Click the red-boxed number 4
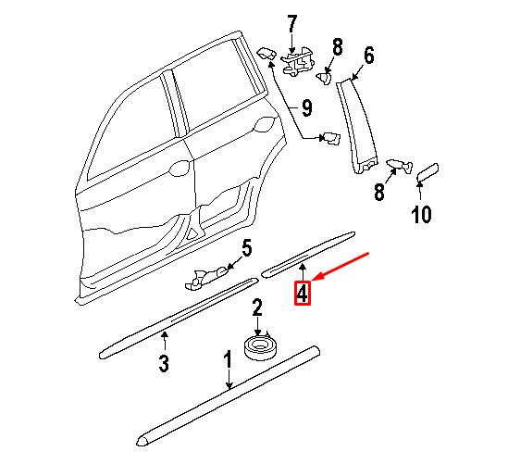pyautogui.click(x=304, y=294)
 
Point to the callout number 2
pyautogui.click(x=258, y=307)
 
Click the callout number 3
pyautogui.click(x=163, y=364)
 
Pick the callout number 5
pyautogui.click(x=246, y=247)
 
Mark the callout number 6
pyautogui.click(x=368, y=56)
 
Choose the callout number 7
pyautogui.click(x=293, y=22)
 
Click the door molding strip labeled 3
pyautogui.click(x=176, y=315)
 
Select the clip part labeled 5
pyautogui.click(x=211, y=273)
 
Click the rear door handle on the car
pyautogui.click(x=179, y=170)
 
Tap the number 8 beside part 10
pyautogui.click(x=378, y=193)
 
